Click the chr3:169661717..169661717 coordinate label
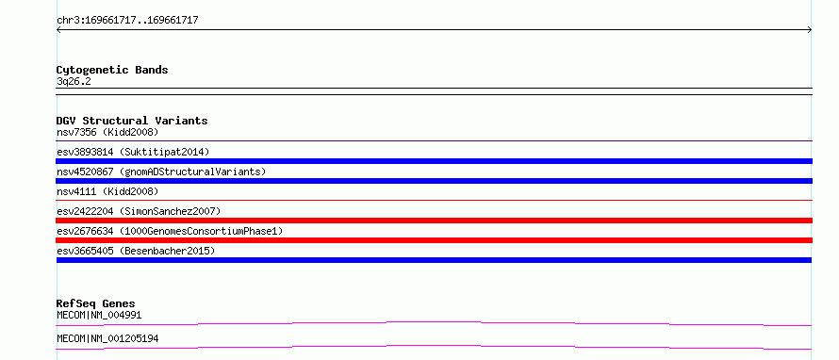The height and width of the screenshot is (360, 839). [x=127, y=21]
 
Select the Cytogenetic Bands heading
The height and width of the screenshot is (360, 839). [x=112, y=70]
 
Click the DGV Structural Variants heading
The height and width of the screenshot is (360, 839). [x=132, y=121]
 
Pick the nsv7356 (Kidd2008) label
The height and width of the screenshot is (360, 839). [x=107, y=132]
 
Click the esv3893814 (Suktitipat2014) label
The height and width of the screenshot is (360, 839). [x=133, y=152]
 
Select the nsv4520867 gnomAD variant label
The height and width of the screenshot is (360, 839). [x=161, y=172]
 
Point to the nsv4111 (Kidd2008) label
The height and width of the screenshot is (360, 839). [x=107, y=191]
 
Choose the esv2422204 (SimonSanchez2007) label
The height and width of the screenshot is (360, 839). [x=139, y=211]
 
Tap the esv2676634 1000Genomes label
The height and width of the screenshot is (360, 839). [x=170, y=231]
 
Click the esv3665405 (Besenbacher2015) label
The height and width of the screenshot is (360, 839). [x=136, y=251]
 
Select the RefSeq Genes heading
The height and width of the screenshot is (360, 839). [x=96, y=303]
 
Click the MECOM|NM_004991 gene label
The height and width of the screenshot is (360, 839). [x=99, y=315]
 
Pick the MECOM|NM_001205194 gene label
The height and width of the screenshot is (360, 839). [x=107, y=338]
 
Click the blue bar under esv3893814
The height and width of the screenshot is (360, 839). [x=434, y=161]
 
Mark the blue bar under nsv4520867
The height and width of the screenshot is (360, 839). [x=434, y=181]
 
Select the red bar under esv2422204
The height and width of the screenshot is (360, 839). [x=434, y=221]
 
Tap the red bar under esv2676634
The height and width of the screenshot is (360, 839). [x=434, y=240]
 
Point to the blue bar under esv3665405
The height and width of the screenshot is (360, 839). [x=434, y=260]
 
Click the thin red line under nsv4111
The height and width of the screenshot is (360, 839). [x=434, y=200]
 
